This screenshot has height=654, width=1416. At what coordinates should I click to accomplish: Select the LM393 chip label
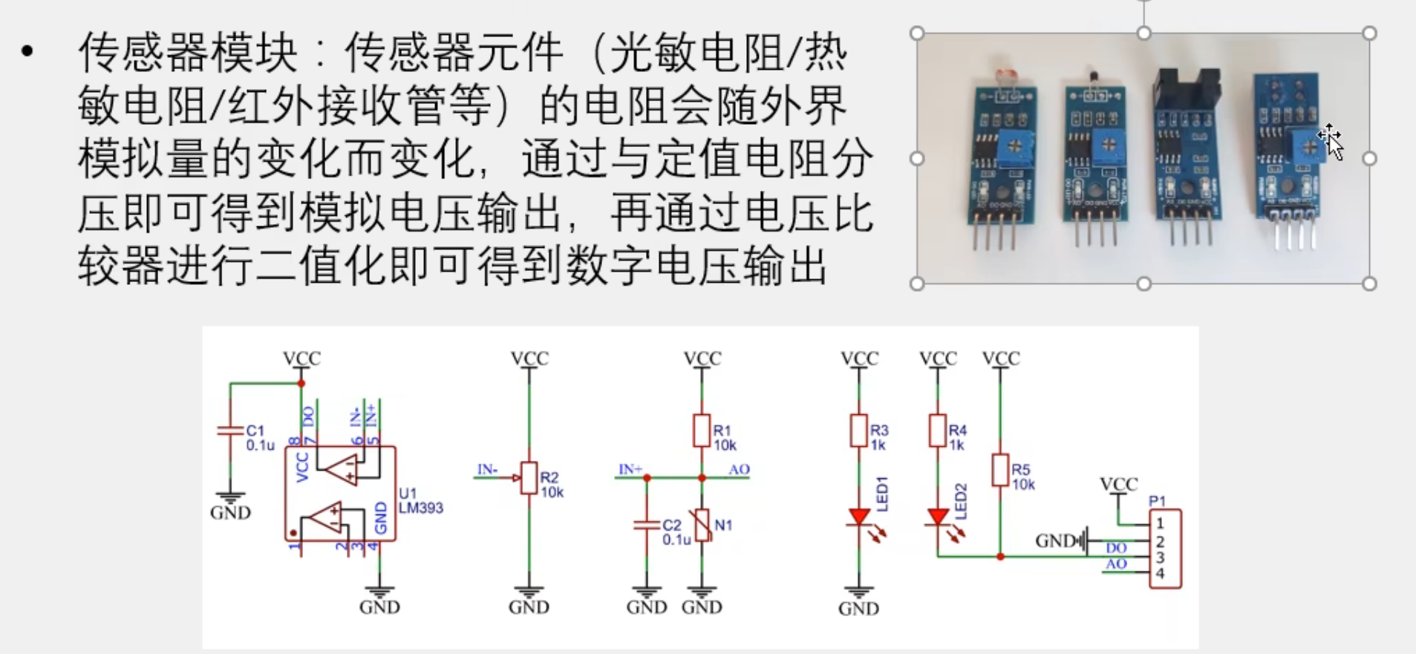(420, 508)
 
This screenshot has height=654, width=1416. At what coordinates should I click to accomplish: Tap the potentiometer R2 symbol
(529, 478)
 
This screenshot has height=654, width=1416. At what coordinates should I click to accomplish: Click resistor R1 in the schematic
(702, 431)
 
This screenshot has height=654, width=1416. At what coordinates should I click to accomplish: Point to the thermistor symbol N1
(702, 525)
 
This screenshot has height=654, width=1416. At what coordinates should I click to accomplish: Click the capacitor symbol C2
(647, 525)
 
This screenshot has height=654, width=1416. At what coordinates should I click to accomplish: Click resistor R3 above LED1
(859, 431)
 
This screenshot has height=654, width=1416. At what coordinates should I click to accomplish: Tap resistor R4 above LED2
(938, 431)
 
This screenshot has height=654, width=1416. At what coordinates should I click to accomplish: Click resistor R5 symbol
(1000, 471)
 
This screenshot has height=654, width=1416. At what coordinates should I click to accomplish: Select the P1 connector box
(1165, 549)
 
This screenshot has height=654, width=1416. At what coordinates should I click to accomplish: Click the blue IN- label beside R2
(487, 469)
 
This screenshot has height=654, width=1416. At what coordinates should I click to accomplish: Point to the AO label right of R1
(739, 469)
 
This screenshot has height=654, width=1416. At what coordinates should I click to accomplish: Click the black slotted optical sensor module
(1186, 156)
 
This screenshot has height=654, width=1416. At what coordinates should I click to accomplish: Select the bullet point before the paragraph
(28, 51)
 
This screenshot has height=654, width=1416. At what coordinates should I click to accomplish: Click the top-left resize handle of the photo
(917, 33)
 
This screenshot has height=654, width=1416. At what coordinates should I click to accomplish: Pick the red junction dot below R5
(1000, 556)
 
